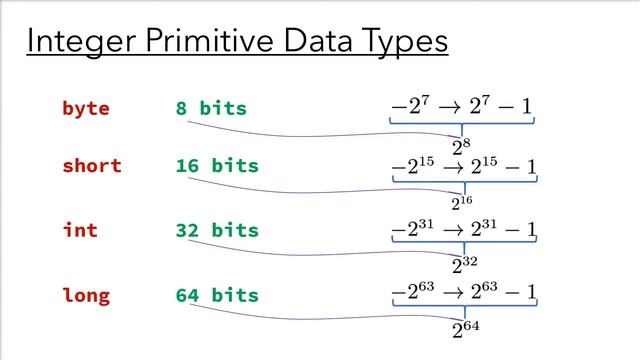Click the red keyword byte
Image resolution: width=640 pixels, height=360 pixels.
[x=85, y=108]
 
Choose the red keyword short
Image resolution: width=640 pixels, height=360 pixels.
[x=91, y=166]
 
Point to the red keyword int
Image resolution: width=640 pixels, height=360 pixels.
[x=80, y=230]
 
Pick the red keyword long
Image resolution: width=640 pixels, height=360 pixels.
[x=85, y=295]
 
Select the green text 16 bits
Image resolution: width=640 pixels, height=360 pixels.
[x=216, y=166]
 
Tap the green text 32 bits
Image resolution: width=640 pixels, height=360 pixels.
[x=216, y=230]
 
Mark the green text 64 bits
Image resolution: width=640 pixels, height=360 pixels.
[x=216, y=295]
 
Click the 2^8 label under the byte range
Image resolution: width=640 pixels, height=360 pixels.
[x=462, y=147]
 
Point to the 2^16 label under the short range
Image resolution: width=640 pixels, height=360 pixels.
[x=462, y=203]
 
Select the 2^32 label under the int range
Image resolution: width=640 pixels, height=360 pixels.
[x=462, y=266]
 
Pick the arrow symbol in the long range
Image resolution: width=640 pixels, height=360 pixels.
[x=457, y=293]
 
